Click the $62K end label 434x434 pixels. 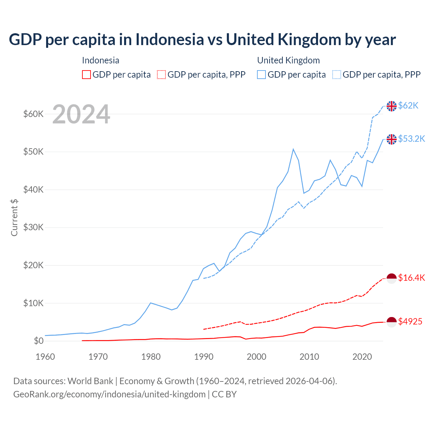point(408,106)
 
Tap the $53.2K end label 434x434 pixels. point(411,139)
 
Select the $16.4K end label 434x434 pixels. point(411,278)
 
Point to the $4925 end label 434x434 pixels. point(410,321)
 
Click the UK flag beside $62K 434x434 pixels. point(392,106)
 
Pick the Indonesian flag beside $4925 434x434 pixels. point(392,322)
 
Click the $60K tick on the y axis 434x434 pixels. point(33,114)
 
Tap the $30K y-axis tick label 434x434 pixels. point(33,228)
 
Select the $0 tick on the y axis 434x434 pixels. point(39,341)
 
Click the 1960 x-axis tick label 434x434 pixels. point(45,357)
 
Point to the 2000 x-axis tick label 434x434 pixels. point(256,357)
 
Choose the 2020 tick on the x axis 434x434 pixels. point(362,357)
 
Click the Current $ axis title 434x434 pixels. point(14,218)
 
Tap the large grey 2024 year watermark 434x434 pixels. point(81,114)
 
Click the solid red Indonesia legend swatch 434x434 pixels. point(86,75)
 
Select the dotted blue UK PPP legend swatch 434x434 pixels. point(337,75)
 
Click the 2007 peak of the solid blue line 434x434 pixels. point(293,149)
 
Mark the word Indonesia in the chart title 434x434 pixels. point(170,39)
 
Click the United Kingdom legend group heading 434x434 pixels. point(288,60)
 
